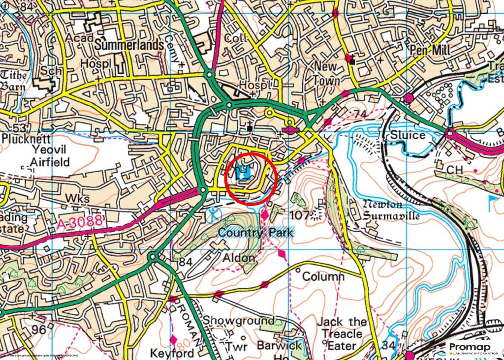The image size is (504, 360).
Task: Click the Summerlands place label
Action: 129,45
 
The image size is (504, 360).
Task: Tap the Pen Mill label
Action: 430,49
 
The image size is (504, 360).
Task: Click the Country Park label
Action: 255,233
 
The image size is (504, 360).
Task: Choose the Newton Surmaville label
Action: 391,210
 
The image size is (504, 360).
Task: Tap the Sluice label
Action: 408,135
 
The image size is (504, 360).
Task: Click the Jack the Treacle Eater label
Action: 342,334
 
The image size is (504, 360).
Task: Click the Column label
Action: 323,277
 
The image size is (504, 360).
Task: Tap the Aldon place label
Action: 239,258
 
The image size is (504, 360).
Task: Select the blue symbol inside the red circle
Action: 244,172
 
